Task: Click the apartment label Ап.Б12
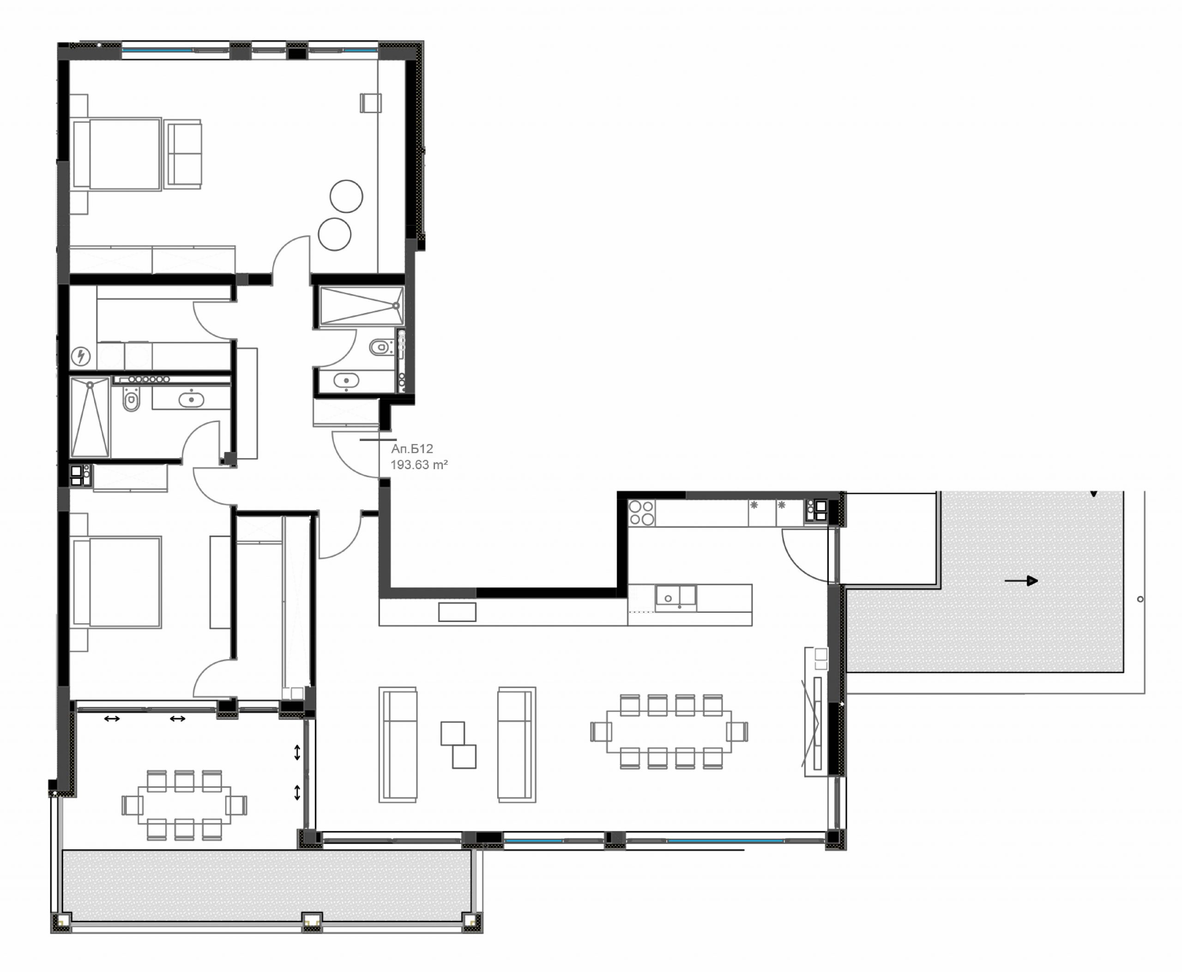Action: (412, 448)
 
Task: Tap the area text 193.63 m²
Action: (419, 465)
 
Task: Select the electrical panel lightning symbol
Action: (82, 356)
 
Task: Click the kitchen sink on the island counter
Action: (676, 598)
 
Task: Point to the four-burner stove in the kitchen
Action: (642, 512)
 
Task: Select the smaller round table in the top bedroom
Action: (335, 234)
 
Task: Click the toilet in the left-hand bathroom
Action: (131, 400)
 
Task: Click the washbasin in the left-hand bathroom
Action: (192, 400)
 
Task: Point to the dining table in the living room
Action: (669, 732)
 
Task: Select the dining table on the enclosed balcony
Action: (184, 805)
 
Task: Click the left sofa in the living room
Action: (398, 745)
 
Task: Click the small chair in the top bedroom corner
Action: (371, 103)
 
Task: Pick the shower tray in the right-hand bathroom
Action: (362, 306)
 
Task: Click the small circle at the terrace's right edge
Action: (1140, 599)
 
